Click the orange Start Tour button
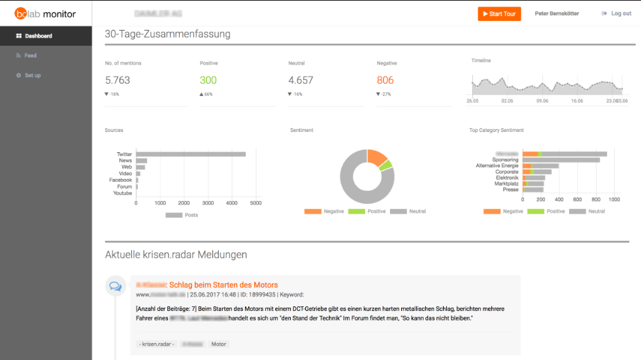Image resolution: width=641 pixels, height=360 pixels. tap(499, 14)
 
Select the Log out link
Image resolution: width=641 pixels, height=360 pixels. tap(616, 14)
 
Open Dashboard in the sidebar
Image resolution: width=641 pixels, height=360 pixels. tap(38, 36)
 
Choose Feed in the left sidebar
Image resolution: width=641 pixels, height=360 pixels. tap(30, 56)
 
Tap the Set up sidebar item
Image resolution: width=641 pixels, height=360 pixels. tap(32, 76)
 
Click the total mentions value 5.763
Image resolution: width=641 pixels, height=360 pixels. tap(118, 80)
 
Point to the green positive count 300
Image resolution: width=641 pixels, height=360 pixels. tap(208, 80)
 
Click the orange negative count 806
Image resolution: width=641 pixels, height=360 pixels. tap(385, 80)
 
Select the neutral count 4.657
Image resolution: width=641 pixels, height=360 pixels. tap(301, 80)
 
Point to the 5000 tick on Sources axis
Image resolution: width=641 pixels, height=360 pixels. tap(256, 203)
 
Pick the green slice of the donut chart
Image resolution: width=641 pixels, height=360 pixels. tap(386, 165)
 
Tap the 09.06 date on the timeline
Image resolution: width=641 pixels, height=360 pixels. tap(542, 101)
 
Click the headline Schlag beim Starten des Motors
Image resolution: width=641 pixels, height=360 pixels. tap(224, 285)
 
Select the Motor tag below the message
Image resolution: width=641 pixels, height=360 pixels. tap(218, 344)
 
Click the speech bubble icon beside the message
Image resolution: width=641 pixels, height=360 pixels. tap(115, 286)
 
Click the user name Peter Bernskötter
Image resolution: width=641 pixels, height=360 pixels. tap(557, 14)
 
